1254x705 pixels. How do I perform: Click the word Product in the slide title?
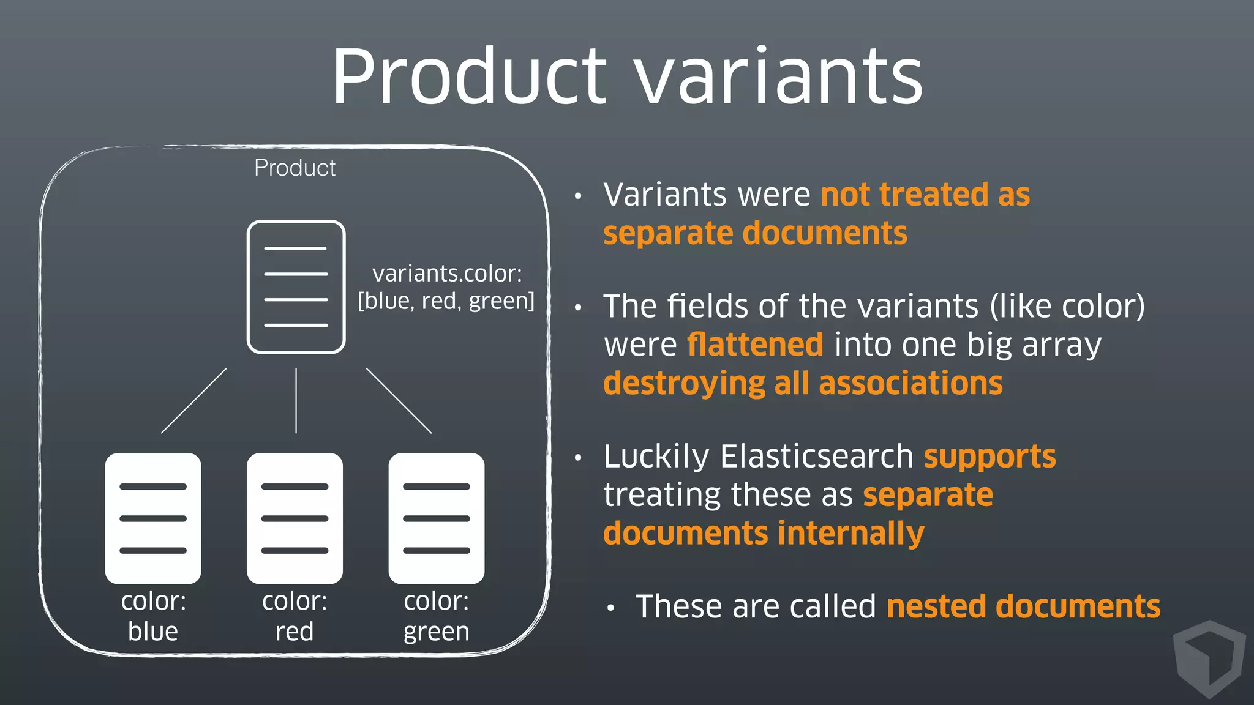pos(468,76)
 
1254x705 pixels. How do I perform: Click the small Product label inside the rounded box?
pos(295,168)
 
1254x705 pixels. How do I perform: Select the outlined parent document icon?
pos(296,286)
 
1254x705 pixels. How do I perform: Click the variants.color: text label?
pos(447,274)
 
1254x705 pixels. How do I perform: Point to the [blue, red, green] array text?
pos(446,301)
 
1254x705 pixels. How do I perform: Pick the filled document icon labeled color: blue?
pos(153,518)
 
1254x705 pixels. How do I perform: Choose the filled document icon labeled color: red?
pos(295,518)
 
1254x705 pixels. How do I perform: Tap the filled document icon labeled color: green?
pos(436,518)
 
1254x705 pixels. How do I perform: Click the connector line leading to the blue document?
pos(193,401)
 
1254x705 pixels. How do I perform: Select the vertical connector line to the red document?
pos(296,401)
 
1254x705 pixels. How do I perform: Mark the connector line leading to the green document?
pos(399,401)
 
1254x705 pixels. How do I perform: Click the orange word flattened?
pos(755,344)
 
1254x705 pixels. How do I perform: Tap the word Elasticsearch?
pos(817,456)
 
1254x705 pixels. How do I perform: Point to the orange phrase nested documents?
pos(1023,606)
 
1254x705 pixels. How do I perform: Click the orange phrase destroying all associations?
pos(803,384)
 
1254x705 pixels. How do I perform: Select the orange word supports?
pos(989,457)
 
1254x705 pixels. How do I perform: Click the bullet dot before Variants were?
pos(577,196)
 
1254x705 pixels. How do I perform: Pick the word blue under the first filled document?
pos(153,632)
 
